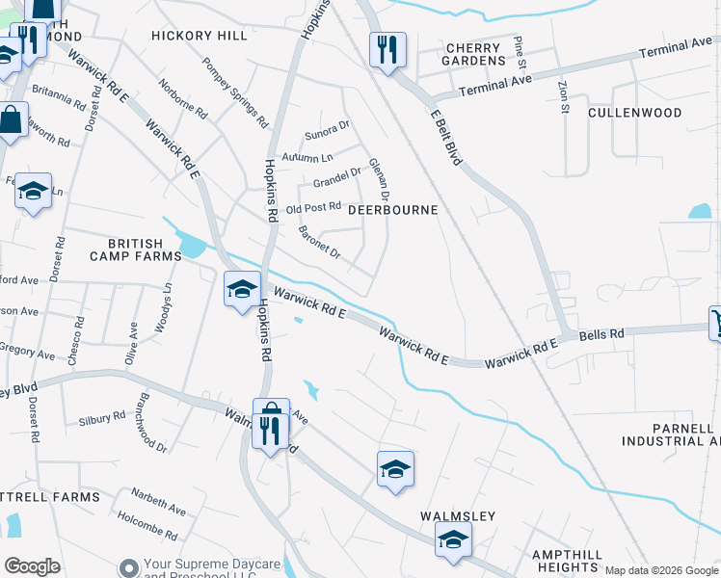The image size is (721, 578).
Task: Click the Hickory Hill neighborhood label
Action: coord(200,36)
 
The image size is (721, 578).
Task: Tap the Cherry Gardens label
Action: coord(473,54)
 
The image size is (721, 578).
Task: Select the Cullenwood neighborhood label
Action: coord(634,113)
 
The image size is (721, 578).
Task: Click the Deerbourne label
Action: coord(392,209)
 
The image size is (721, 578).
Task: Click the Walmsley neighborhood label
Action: coord(458,516)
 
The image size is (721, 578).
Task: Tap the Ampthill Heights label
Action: coord(568,561)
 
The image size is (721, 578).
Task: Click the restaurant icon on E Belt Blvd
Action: coord(387,48)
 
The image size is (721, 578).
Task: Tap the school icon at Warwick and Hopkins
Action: coord(242,288)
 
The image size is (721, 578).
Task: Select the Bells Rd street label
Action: coord(601,333)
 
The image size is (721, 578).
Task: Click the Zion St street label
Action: coord(564,96)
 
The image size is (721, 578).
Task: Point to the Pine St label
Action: coord(520,46)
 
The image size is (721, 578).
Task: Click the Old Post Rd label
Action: coord(314,207)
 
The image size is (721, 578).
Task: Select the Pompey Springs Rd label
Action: coord(234,93)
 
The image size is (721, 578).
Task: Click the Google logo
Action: coord(32,566)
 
